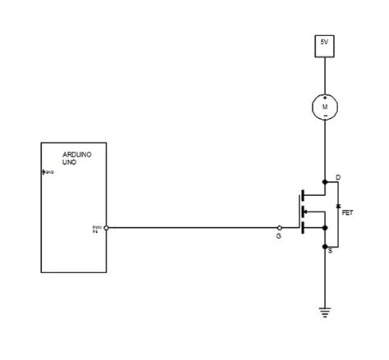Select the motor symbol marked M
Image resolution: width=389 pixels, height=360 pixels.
click(324, 105)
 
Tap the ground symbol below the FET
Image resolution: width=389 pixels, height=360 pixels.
click(324, 312)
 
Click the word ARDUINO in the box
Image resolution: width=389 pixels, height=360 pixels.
click(76, 155)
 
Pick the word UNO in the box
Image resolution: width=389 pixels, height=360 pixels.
click(70, 164)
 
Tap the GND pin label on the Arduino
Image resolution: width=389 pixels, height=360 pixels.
click(48, 172)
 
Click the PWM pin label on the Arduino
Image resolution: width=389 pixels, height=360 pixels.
click(96, 226)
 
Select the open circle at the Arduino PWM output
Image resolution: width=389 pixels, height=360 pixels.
click(108, 228)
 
